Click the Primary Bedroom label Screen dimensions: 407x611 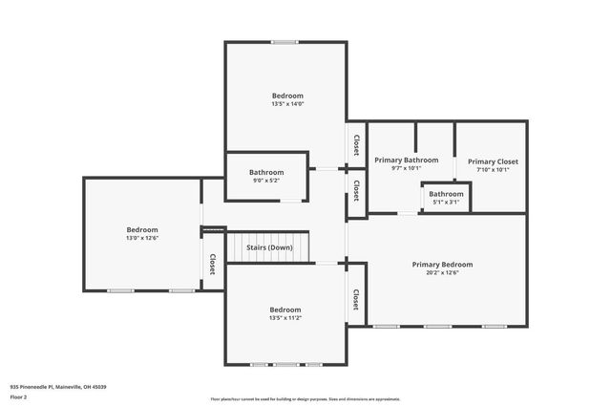[x=442, y=265]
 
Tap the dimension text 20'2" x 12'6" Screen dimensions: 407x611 [x=442, y=273]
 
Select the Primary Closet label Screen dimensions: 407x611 [x=493, y=161]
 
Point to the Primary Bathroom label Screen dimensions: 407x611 [x=406, y=160]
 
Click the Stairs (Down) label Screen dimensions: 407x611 [x=269, y=247]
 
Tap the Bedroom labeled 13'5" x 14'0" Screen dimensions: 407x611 [x=287, y=96]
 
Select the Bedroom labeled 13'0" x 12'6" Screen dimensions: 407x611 [x=142, y=229]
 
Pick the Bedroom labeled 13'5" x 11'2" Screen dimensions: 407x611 [x=284, y=310]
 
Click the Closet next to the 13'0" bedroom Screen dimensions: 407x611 [x=212, y=264]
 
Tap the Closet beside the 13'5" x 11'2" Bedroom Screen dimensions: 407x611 [x=355, y=299]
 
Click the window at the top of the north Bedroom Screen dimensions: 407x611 [x=284, y=42]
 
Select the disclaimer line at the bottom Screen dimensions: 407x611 [x=305, y=398]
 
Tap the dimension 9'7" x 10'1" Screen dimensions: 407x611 [x=406, y=168]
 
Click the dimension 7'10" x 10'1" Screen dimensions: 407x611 [x=493, y=170]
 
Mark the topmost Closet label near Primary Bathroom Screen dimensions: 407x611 [x=356, y=145]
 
